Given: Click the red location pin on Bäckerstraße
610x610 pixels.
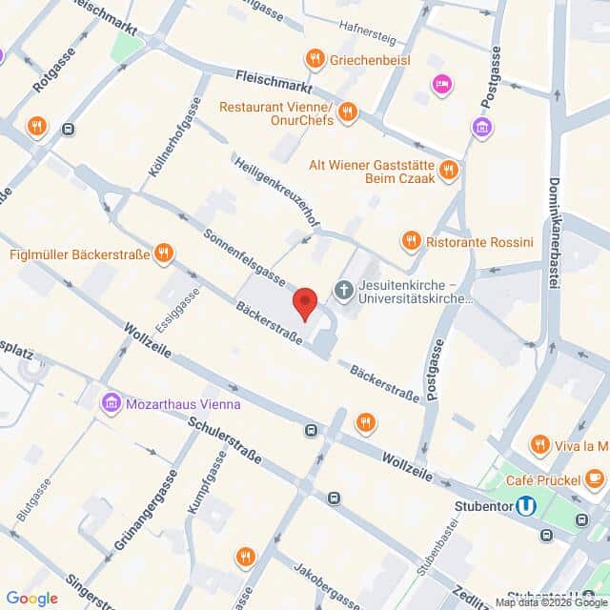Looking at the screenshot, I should click(x=305, y=303).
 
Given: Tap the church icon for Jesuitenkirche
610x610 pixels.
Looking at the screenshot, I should click(x=343, y=289).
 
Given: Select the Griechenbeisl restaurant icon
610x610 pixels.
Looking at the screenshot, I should click(x=314, y=60).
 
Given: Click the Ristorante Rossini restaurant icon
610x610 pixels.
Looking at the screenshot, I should click(x=411, y=240).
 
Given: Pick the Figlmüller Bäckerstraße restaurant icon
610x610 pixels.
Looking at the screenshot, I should click(x=165, y=253).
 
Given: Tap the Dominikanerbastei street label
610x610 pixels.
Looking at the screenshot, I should click(x=554, y=234).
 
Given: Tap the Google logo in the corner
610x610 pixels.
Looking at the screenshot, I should click(x=31, y=598).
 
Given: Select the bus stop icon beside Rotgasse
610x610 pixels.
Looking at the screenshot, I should click(x=68, y=129).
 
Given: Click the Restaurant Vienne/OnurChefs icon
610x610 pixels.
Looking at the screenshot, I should click(x=347, y=112).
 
